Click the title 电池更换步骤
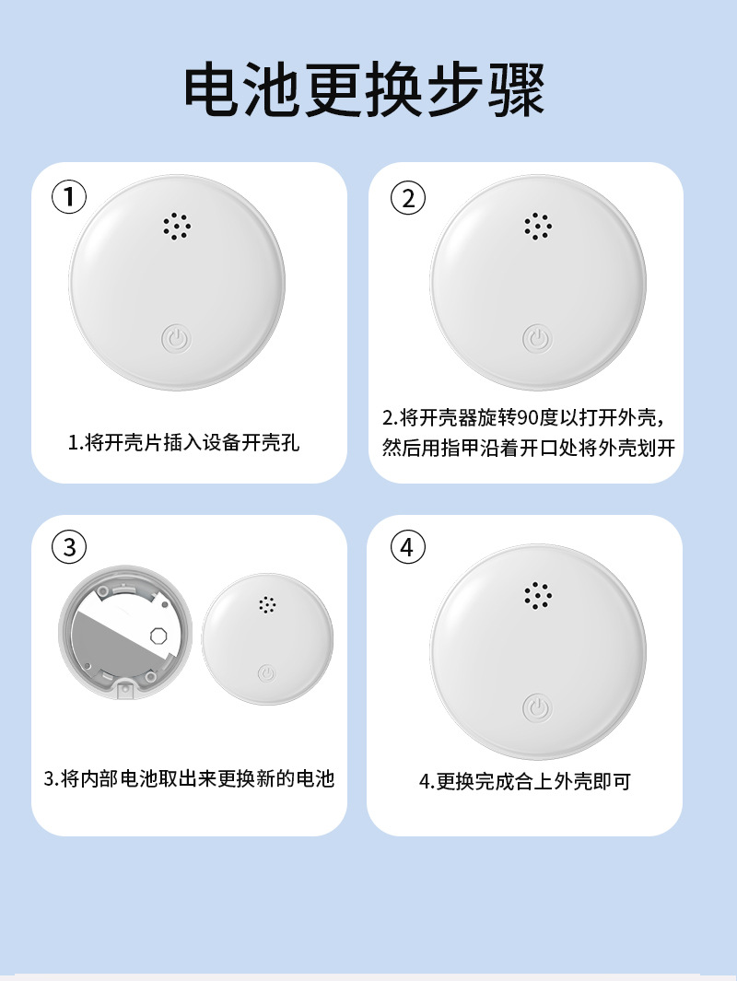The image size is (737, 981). tap(364, 89)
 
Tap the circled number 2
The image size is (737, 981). tap(408, 198)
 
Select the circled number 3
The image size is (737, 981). tap(69, 547)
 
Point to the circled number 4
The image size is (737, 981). tap(408, 547)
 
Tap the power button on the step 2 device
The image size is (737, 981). tap(537, 339)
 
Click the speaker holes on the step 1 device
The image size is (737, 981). tap(177, 227)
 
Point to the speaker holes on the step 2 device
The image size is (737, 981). tap(538, 226)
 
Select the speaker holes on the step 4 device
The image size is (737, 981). tap(538, 595)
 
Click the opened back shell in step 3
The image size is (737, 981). tap(125, 633)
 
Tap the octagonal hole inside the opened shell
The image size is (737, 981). tap(159, 636)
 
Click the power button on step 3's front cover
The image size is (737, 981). tap(267, 673)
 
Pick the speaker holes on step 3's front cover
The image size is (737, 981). tap(267, 604)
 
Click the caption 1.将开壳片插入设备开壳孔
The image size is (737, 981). tap(184, 442)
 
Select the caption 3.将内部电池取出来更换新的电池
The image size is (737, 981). tap(189, 778)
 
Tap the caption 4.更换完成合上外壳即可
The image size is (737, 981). tap(525, 781)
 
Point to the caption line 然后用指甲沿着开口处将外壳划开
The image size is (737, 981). tap(529, 448)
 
